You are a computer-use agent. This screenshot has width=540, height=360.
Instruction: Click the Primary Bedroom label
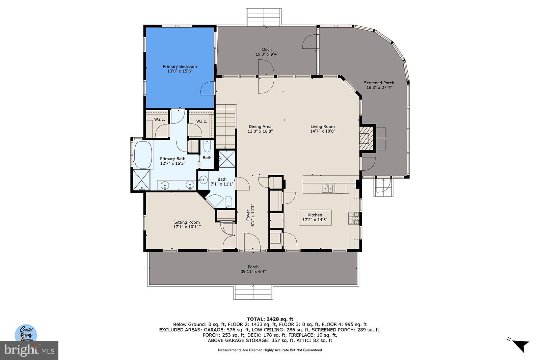[180, 66]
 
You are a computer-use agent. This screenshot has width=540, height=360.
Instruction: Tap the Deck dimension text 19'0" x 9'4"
[267, 54]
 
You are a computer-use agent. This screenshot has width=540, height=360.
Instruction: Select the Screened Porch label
[379, 83]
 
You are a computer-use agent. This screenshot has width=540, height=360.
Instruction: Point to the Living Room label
[322, 127]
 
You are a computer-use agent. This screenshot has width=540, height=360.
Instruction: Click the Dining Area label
[260, 127]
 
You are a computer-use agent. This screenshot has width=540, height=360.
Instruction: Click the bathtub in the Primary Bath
[143, 155]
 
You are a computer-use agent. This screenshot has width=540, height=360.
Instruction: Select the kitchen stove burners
[353, 218]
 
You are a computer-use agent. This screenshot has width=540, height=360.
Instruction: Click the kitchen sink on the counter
[327, 188]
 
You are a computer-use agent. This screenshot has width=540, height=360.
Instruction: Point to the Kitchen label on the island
[315, 215]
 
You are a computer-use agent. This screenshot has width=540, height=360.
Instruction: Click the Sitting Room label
[187, 222]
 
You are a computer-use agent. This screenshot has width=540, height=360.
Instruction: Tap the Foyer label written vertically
[248, 215]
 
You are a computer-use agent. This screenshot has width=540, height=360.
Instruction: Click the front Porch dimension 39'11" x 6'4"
[253, 272]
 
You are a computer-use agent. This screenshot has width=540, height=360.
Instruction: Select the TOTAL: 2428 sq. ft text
[270, 319]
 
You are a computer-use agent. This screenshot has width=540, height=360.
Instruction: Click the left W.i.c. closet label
[159, 119]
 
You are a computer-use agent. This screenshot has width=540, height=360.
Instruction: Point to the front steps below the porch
[253, 292]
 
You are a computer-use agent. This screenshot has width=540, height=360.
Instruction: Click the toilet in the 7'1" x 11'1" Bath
[228, 202]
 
